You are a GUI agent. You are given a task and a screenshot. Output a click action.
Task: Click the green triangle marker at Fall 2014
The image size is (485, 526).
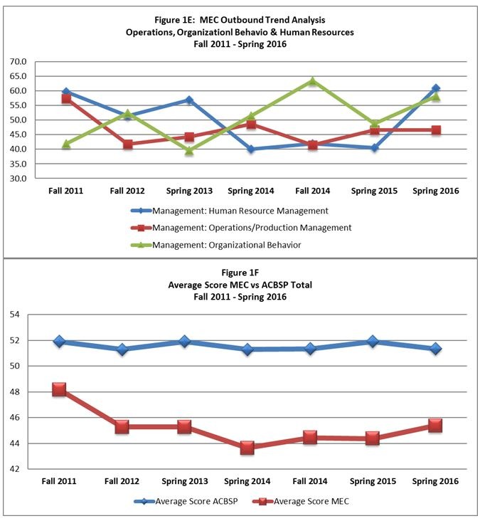tap(313, 81)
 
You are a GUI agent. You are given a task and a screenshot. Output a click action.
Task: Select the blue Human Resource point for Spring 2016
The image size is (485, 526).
tap(436, 88)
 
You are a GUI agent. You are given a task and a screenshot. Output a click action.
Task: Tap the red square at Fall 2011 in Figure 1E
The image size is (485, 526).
tap(66, 99)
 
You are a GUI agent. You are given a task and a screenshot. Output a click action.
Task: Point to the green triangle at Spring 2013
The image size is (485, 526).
tap(189, 151)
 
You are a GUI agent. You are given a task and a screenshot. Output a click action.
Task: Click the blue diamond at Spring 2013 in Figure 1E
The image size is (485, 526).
tap(189, 100)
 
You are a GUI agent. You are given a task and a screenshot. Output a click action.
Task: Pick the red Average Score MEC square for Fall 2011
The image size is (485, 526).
tap(59, 390)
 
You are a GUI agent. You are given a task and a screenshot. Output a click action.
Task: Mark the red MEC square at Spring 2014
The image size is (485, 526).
tap(247, 448)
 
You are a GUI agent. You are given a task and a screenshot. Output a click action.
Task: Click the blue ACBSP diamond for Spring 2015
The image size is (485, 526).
tap(373, 342)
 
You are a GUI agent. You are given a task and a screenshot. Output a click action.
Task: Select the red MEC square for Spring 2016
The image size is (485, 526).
tap(435, 426)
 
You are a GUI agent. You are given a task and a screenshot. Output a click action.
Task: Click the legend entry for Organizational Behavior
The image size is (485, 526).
tap(216, 245)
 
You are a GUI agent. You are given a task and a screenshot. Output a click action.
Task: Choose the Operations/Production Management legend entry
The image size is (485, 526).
tap(241, 228)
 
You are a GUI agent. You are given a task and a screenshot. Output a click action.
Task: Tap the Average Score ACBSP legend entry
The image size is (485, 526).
tap(186, 502)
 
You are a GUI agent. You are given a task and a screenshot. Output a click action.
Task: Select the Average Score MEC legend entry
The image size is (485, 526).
tap(301, 502)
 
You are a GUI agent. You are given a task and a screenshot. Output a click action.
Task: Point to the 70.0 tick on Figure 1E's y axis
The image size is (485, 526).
tap(18, 61)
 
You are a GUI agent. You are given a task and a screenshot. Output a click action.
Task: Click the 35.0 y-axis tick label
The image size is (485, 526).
tap(18, 164)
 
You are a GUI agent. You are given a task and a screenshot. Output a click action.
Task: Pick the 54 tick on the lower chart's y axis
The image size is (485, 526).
tap(15, 315)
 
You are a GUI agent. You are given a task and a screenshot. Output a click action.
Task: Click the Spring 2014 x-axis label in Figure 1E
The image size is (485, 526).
tap(251, 191)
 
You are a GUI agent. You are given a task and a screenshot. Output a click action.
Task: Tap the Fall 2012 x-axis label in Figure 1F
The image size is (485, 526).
tap(122, 481)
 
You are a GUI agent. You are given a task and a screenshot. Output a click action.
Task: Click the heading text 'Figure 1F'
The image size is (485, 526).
tap(240, 273)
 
